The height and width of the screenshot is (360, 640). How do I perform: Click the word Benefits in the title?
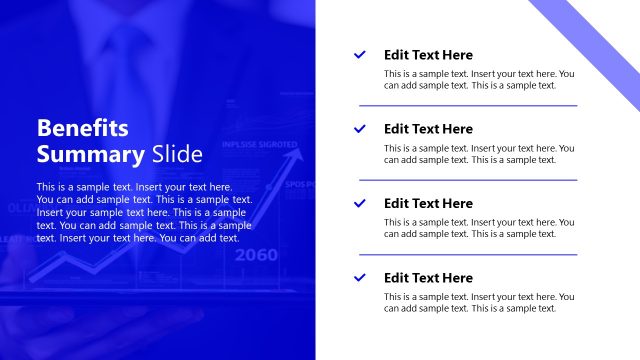(x=83, y=129)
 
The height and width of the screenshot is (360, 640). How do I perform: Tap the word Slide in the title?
(x=177, y=154)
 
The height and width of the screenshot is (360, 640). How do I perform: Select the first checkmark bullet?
(x=360, y=55)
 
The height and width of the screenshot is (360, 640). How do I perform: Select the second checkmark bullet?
(x=360, y=129)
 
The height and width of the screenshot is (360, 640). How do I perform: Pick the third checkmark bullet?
(x=360, y=203)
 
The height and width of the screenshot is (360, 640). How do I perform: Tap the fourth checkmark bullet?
(x=360, y=277)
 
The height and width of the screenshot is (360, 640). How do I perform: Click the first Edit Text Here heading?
(x=428, y=55)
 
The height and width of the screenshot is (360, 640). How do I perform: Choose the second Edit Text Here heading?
(x=428, y=129)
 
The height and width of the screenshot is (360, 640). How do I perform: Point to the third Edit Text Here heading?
(x=428, y=203)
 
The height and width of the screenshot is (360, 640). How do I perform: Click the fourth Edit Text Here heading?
(x=428, y=277)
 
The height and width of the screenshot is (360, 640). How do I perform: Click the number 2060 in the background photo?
(x=257, y=255)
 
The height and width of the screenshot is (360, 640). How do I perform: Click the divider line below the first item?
(x=468, y=105)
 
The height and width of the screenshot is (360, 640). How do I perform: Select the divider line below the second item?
(x=468, y=180)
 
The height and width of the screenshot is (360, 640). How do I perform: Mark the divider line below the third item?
(x=468, y=254)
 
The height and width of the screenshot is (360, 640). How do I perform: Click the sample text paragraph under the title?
(x=144, y=212)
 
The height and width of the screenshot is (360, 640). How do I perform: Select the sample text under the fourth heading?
(x=479, y=302)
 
